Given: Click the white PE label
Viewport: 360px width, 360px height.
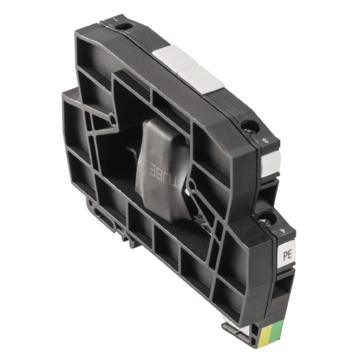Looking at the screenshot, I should click(288, 250).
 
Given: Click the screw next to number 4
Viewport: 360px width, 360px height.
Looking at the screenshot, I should click(268, 217).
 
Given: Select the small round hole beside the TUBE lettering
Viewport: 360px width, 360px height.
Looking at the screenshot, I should click(189, 184).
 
